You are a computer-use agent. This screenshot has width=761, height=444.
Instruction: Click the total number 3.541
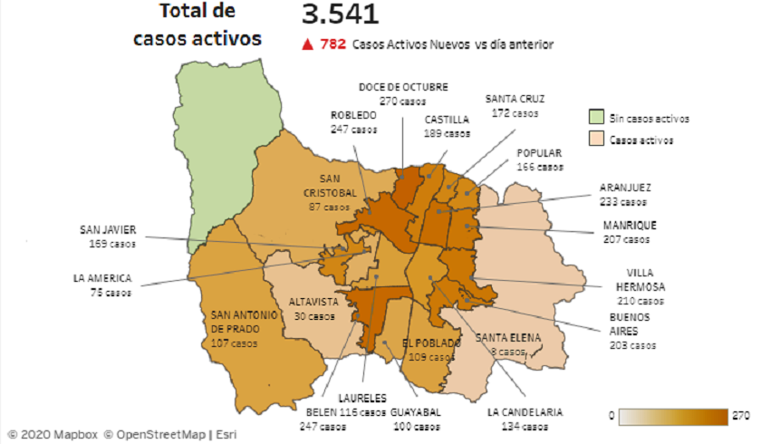341,15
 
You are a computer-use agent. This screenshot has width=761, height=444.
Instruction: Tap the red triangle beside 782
308,43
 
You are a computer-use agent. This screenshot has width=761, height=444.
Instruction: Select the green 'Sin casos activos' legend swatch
595,117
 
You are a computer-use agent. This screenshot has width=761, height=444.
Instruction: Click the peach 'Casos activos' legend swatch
595,140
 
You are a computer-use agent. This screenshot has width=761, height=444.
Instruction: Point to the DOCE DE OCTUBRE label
403,87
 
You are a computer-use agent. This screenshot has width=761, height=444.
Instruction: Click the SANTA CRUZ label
515,99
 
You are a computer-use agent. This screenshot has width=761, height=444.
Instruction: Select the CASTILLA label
447,119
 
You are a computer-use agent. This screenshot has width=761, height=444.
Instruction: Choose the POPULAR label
539,153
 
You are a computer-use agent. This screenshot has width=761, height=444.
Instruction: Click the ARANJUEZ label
624,188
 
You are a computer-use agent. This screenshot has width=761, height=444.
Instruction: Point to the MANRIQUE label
630,226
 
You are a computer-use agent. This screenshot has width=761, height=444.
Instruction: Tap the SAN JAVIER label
108,230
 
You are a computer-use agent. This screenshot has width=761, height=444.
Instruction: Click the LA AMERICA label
102,278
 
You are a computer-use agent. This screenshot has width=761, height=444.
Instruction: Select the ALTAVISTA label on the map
313,302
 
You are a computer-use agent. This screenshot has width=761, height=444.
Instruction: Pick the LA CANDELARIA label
525,412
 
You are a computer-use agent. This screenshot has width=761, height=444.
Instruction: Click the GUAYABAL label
416,412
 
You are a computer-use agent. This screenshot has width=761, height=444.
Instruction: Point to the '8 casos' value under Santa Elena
506,352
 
